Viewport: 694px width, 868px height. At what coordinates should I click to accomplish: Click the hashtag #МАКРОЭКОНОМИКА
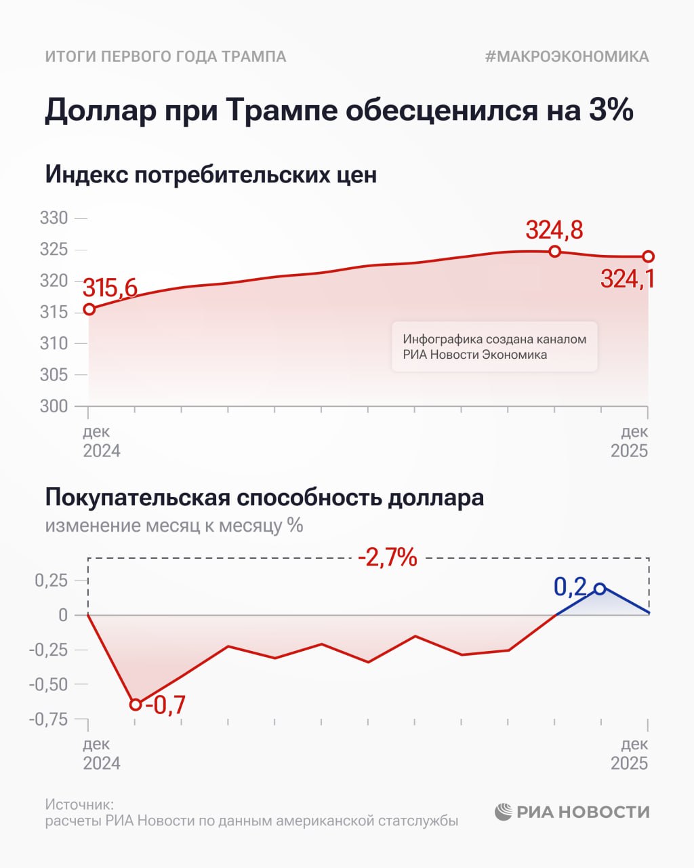point(567,56)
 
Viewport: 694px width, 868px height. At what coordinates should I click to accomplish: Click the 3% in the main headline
point(608,110)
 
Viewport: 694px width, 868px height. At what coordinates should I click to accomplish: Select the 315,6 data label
point(110,288)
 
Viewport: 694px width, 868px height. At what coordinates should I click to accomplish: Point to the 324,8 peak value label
point(554,231)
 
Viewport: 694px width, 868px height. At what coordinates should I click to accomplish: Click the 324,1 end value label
point(628,279)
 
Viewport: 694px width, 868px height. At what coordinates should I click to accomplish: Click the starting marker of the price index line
point(89,309)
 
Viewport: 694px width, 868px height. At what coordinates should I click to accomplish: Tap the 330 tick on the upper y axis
point(54,218)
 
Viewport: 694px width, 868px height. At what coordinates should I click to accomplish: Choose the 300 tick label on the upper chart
point(54,406)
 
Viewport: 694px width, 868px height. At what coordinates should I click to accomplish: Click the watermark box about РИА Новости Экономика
point(494,347)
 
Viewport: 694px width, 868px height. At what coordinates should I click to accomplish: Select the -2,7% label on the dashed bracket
point(387,557)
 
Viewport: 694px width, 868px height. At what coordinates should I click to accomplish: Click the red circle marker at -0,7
point(136,705)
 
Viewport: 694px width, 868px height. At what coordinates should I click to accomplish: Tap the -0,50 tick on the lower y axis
point(49,684)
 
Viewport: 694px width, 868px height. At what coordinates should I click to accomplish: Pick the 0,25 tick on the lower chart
point(52,580)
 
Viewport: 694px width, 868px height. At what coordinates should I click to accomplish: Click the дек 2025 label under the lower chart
point(630,753)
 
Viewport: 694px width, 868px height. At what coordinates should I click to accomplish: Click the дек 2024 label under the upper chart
point(102,441)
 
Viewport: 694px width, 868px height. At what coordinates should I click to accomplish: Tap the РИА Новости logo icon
point(503,812)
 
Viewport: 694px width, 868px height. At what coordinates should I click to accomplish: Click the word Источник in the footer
point(79,804)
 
